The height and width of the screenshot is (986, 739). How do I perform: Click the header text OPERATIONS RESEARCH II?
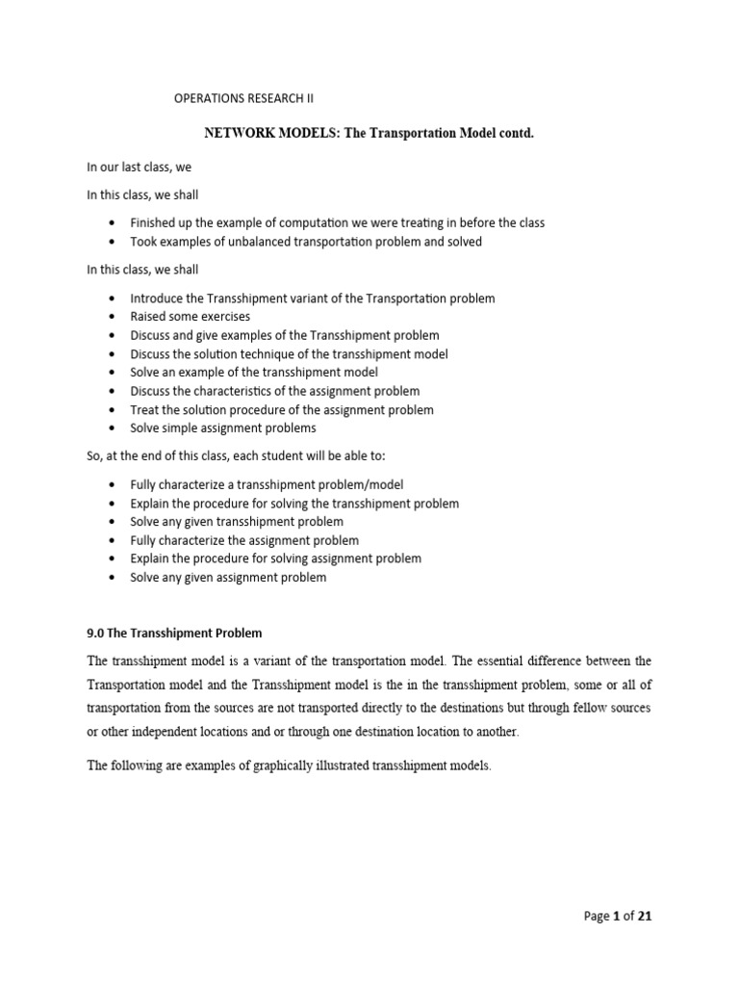point(243,98)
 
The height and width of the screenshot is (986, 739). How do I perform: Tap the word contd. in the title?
point(512,133)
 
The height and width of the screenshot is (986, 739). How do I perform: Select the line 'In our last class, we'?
point(140,168)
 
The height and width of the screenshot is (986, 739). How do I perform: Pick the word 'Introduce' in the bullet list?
point(157,298)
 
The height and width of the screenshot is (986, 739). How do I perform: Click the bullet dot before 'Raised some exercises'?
point(114,317)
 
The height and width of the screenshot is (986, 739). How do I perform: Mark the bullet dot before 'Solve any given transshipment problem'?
point(114,522)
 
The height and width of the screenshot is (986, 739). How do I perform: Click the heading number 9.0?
point(96,633)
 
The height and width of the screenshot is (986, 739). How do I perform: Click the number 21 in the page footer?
point(645,917)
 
